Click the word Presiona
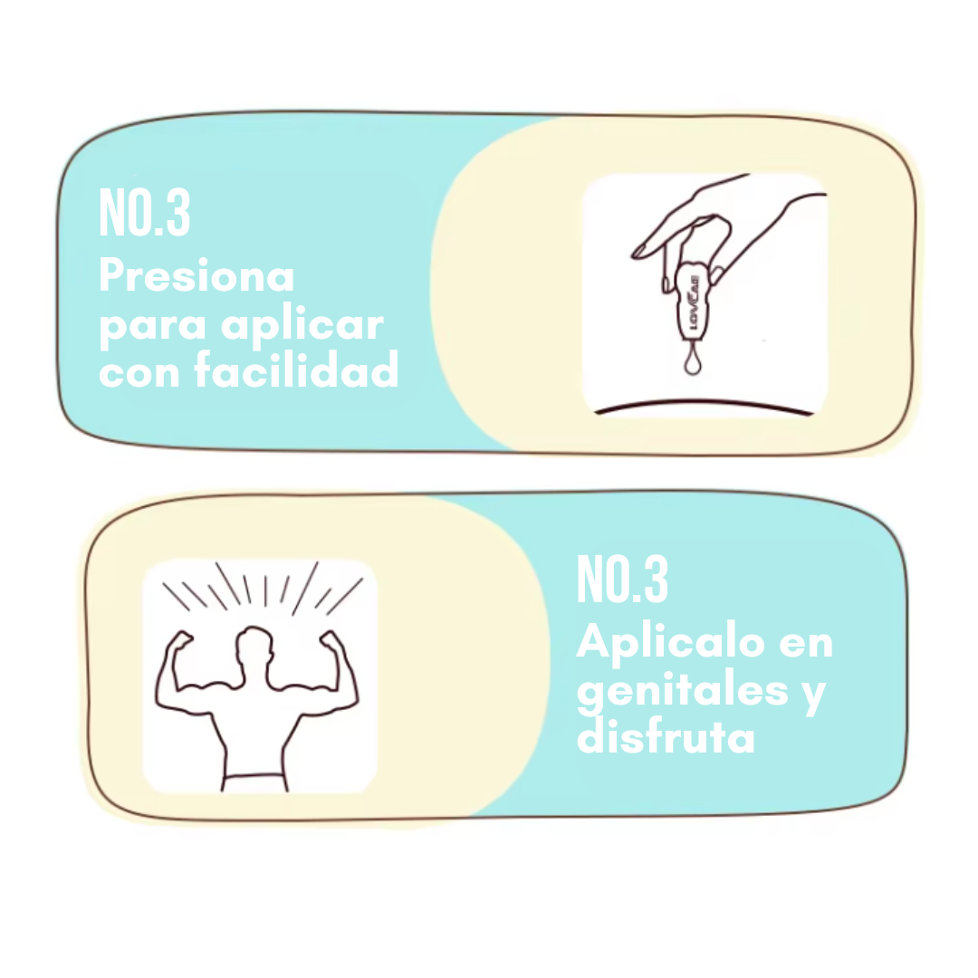[197, 275]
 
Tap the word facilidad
[295, 369]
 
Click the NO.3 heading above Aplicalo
[622, 580]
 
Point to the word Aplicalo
[670, 642]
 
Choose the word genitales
[683, 690]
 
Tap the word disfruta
[666, 736]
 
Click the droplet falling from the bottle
[693, 360]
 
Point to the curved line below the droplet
[705, 406]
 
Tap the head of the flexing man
[254, 647]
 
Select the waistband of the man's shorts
[254, 777]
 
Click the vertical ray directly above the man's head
[265, 590]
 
